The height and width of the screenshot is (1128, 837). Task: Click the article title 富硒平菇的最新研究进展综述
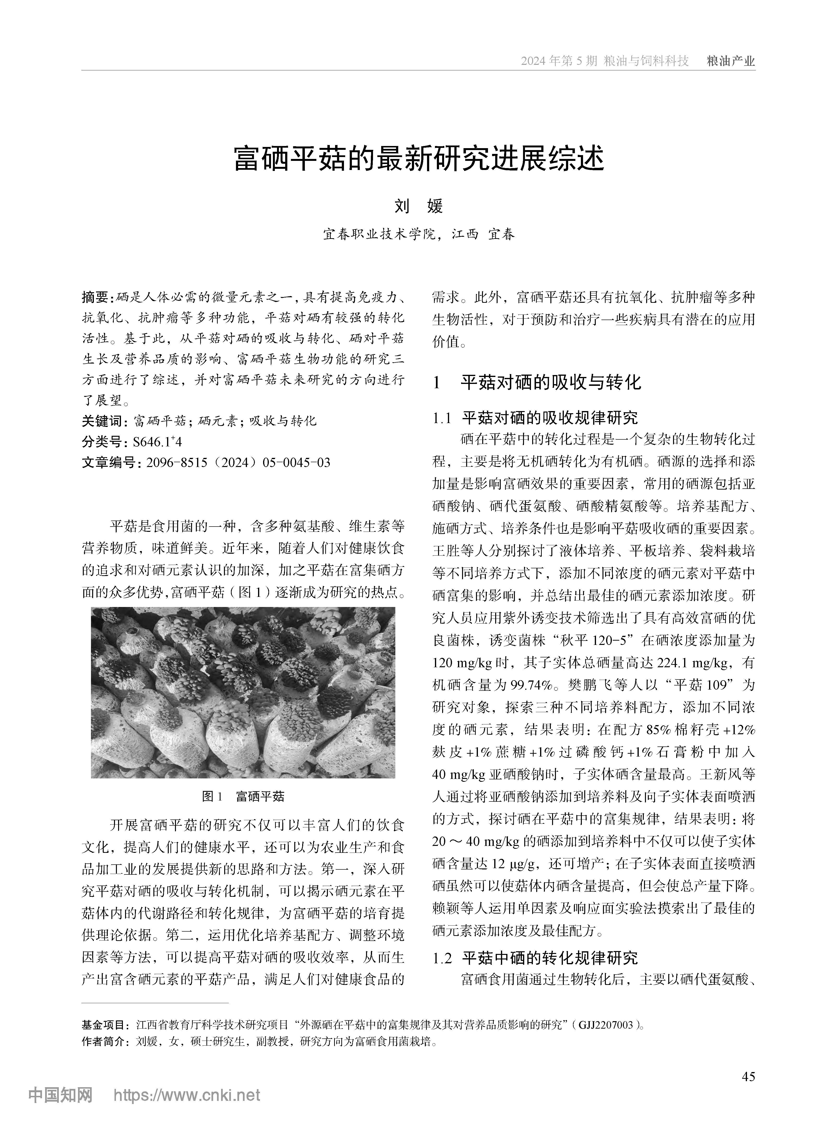click(419, 159)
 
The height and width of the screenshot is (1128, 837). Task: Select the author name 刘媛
click(419, 206)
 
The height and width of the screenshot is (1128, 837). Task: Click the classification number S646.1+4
click(157, 441)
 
